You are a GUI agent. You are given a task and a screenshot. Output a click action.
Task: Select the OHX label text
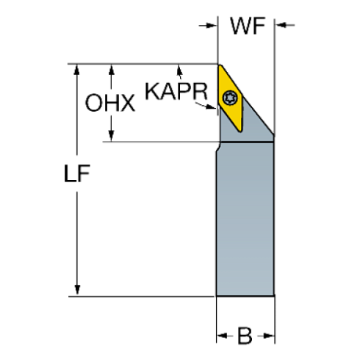coord(110,104)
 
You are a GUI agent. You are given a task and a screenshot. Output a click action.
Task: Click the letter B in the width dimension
coord(245,338)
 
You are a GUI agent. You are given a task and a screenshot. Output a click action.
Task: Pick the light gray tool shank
coord(245,220)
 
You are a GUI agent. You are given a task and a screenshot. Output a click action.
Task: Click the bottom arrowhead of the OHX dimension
coord(111,138)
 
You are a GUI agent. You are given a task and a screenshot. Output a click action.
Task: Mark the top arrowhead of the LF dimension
coord(76,68)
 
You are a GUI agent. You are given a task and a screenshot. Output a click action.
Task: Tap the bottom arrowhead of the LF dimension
coord(76,292)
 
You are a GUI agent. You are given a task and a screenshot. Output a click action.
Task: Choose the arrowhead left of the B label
coord(220,338)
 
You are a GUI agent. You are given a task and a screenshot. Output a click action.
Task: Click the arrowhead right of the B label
coord(270,338)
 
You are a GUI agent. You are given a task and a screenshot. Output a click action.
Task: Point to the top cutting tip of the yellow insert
coord(219,66)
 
